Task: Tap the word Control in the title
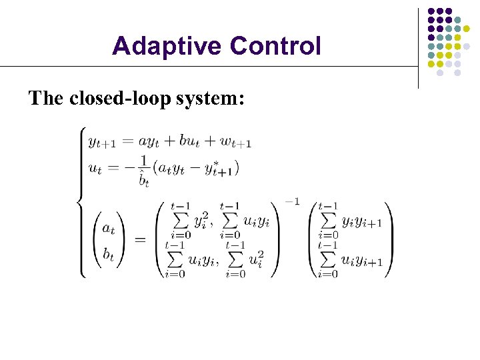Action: pos(275,47)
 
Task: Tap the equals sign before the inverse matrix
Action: pos(141,240)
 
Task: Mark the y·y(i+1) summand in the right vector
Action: pos(361,222)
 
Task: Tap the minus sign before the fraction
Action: pos(126,168)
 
